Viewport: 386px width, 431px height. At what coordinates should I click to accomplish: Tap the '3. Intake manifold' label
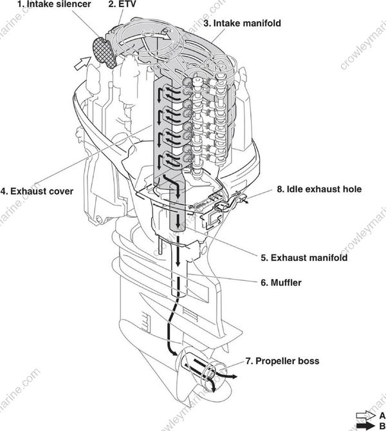[x=242, y=23]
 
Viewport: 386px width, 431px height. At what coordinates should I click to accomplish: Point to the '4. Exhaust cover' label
[x=37, y=191]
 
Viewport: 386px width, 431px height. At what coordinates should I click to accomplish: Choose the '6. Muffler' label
[x=281, y=282]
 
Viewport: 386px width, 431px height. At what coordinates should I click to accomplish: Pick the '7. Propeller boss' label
[x=284, y=361]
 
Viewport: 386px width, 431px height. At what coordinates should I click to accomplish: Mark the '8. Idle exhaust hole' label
[x=319, y=189]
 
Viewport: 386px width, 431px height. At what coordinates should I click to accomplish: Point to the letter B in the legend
[x=381, y=425]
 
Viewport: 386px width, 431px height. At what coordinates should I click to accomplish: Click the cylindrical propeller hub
[x=206, y=372]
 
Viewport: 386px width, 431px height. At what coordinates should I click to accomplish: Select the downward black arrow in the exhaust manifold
[x=177, y=222]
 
